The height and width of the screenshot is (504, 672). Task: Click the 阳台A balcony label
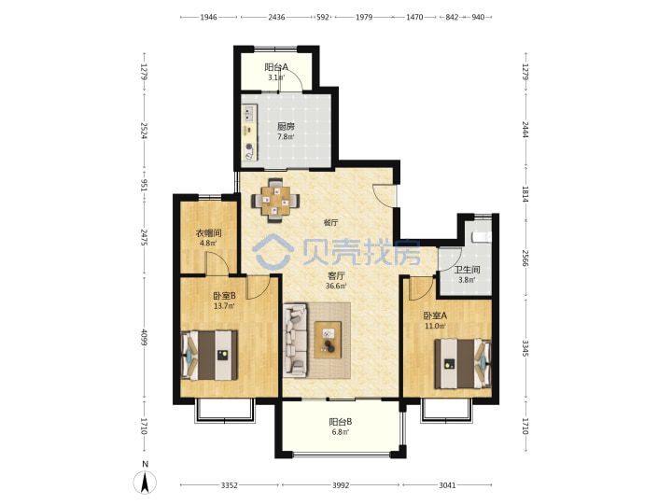pyautogui.click(x=276, y=67)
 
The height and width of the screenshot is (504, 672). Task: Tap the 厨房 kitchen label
pyautogui.click(x=286, y=126)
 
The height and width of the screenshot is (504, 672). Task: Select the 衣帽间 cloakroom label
pyautogui.click(x=208, y=233)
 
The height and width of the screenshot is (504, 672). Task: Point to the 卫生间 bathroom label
pyautogui.click(x=467, y=270)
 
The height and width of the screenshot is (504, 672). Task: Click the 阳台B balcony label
pyautogui.click(x=341, y=422)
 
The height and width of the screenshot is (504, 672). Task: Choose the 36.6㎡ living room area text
pyautogui.click(x=336, y=286)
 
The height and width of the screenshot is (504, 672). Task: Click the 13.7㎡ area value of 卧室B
pyautogui.click(x=224, y=306)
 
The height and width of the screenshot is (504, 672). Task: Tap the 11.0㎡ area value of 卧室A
pyautogui.click(x=435, y=326)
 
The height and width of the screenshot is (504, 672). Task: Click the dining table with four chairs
pyautogui.click(x=275, y=200)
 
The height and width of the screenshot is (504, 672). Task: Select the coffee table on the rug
pyautogui.click(x=328, y=340)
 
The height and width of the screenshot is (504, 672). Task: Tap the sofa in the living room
pyautogui.click(x=295, y=341)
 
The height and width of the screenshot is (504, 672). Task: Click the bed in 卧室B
pyautogui.click(x=209, y=355)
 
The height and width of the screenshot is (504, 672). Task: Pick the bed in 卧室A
pyautogui.click(x=463, y=364)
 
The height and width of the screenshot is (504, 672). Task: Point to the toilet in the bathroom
pyautogui.click(x=482, y=237)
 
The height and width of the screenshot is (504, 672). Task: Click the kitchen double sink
pyautogui.click(x=248, y=114)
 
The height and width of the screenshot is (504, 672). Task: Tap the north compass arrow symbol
pyautogui.click(x=146, y=483)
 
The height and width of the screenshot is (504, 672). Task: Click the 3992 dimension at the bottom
pyautogui.click(x=341, y=485)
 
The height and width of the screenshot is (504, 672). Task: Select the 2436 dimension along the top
pyautogui.click(x=276, y=17)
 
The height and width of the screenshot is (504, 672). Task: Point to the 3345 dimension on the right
pyautogui.click(x=525, y=348)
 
